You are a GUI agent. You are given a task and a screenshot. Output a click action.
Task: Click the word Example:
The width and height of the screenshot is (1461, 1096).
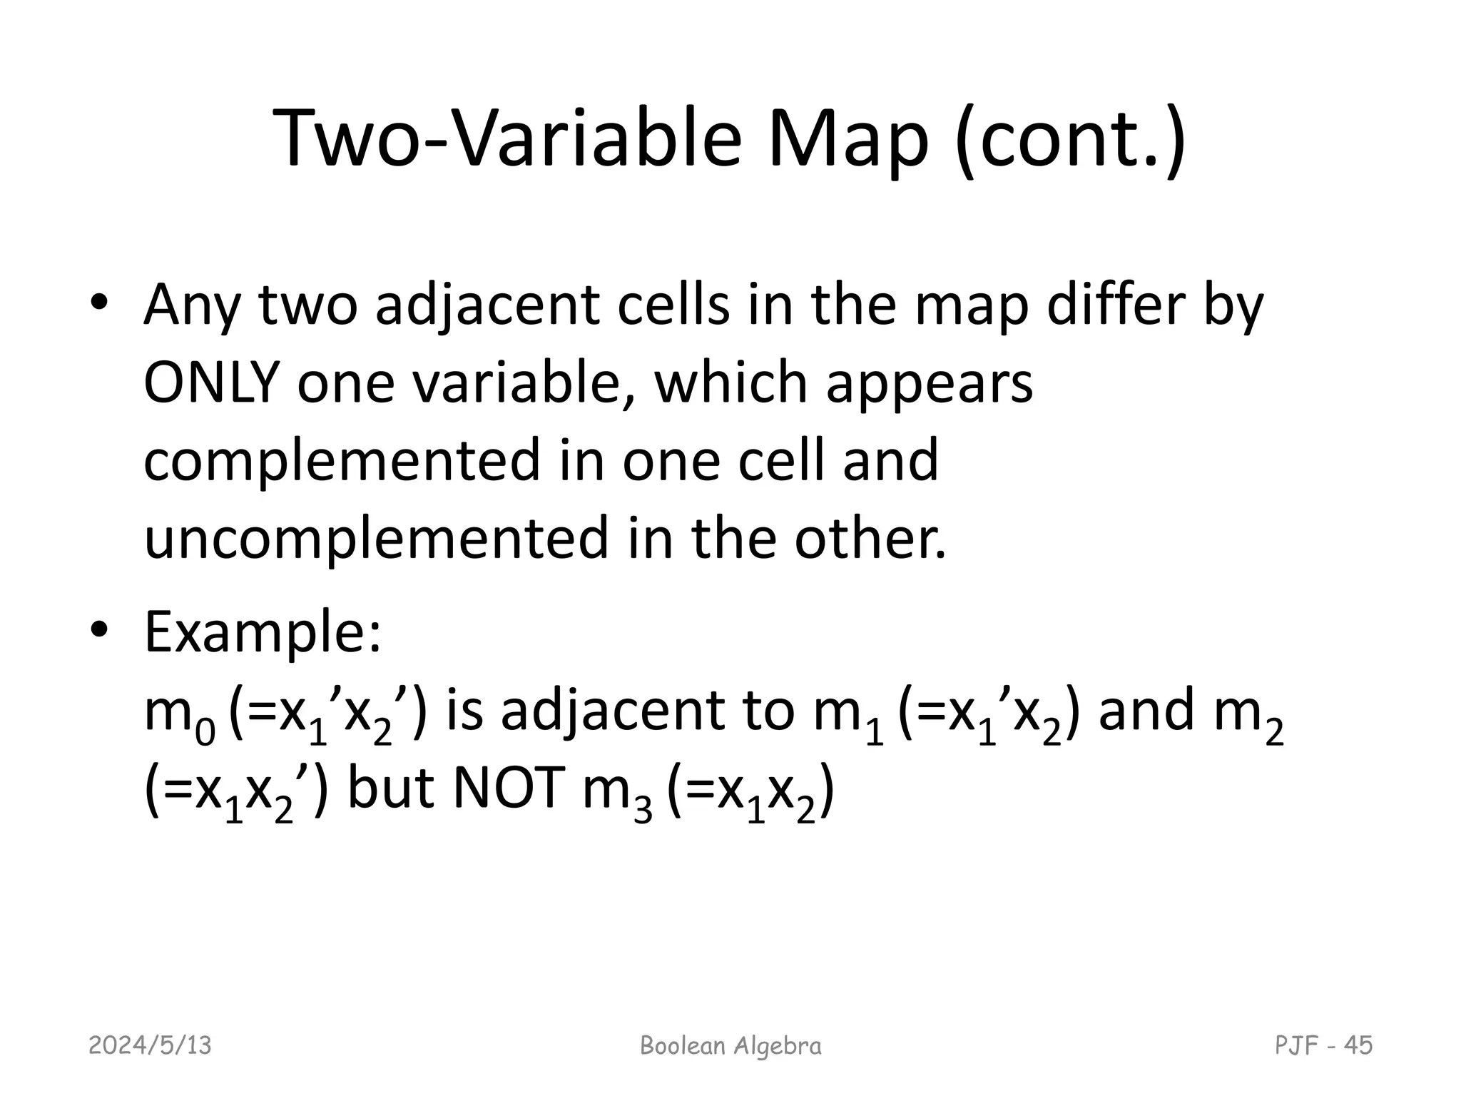click(263, 633)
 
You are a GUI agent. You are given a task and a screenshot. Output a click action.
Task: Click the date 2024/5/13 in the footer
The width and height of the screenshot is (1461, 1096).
click(151, 1046)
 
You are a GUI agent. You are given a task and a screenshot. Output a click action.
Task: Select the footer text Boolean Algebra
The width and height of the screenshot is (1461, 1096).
click(730, 1046)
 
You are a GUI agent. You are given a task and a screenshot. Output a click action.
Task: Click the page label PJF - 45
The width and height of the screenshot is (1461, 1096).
click(1323, 1045)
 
